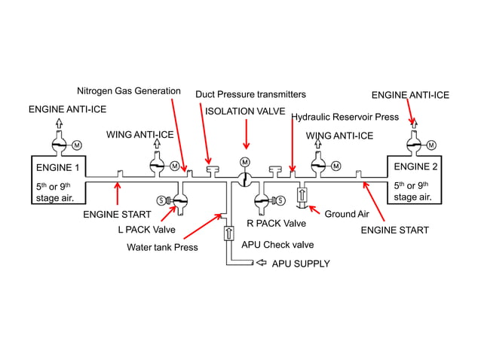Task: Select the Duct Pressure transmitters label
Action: (250, 94)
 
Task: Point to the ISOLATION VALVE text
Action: (244, 110)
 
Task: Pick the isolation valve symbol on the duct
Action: (244, 178)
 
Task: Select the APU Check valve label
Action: (277, 245)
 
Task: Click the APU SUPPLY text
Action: (301, 264)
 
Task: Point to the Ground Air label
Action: (345, 214)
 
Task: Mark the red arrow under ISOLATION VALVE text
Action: (245, 134)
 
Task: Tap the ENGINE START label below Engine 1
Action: (112, 215)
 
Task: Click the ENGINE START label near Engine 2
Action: (394, 230)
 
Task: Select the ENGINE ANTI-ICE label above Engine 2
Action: (410, 95)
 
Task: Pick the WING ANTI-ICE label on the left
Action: (139, 135)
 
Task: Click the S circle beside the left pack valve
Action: (161, 200)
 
